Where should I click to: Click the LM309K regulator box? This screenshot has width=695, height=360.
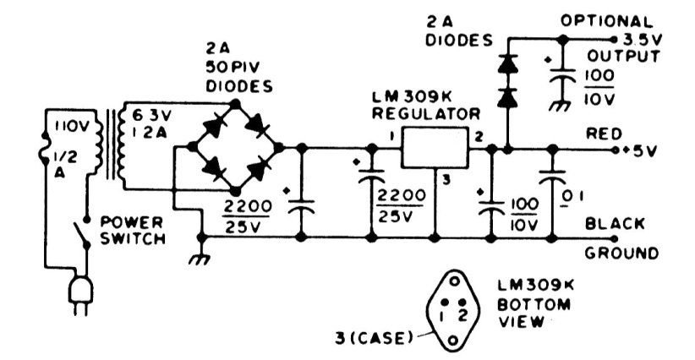[x=434, y=149]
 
